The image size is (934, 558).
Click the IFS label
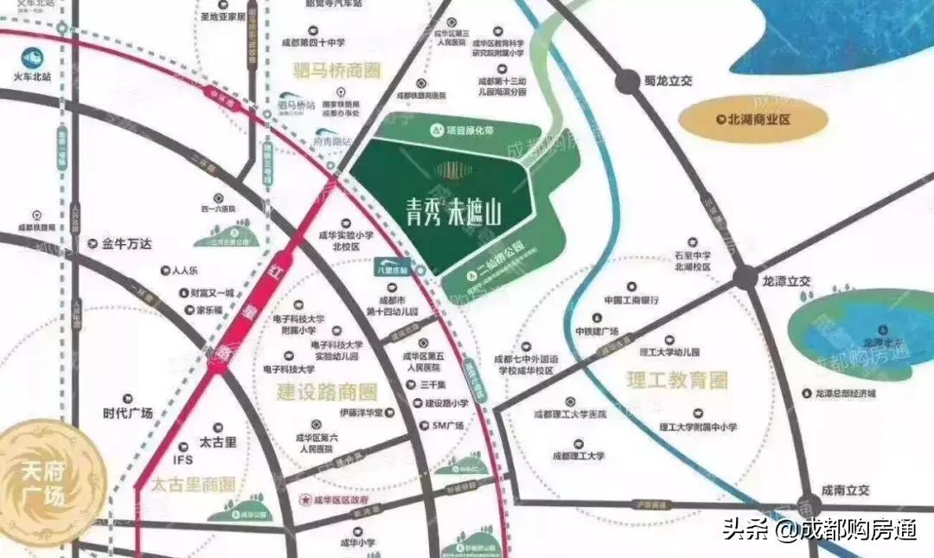click(x=183, y=459)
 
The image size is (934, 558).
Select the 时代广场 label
click(x=127, y=413)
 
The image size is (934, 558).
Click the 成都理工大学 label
click(x=579, y=455)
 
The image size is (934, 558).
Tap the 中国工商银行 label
click(x=632, y=300)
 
